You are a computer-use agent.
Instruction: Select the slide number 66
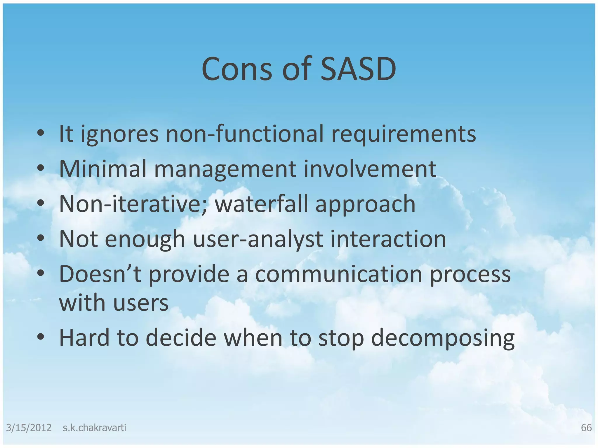click(x=586, y=428)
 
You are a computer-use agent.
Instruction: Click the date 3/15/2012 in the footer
click(x=29, y=428)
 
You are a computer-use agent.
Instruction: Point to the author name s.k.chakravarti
click(x=94, y=428)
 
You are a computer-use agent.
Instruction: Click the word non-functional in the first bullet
click(x=245, y=134)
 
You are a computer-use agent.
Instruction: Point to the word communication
click(x=339, y=274)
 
